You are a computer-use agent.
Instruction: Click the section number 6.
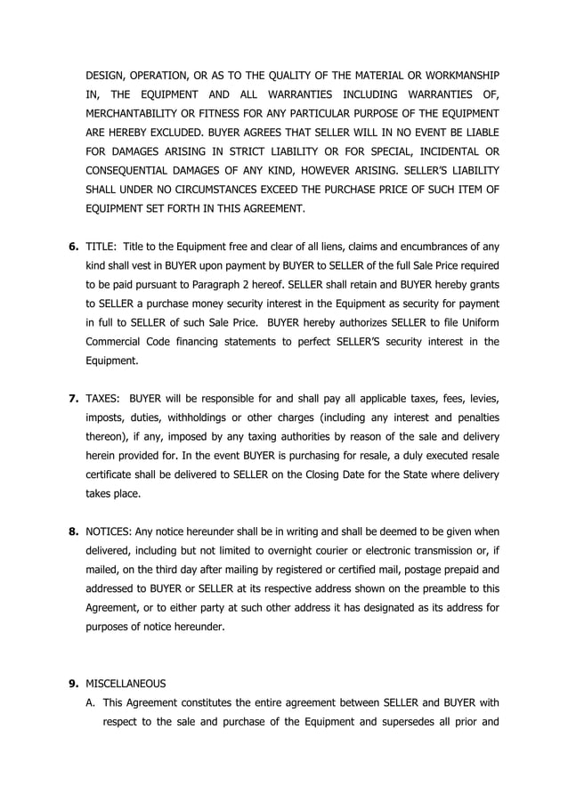coord(74,247)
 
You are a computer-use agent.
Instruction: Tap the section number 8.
coord(74,531)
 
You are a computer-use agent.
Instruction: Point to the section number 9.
coord(74,684)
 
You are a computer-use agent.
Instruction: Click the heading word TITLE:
coord(101,247)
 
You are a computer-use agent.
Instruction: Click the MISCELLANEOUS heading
coord(126,684)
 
